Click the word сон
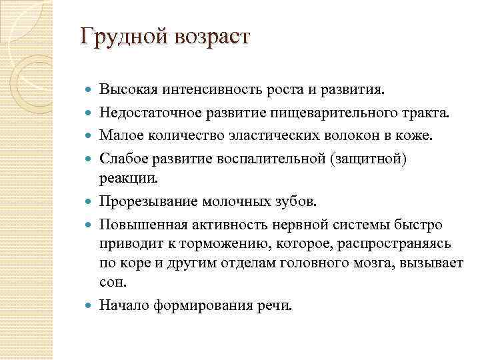click(112, 282)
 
